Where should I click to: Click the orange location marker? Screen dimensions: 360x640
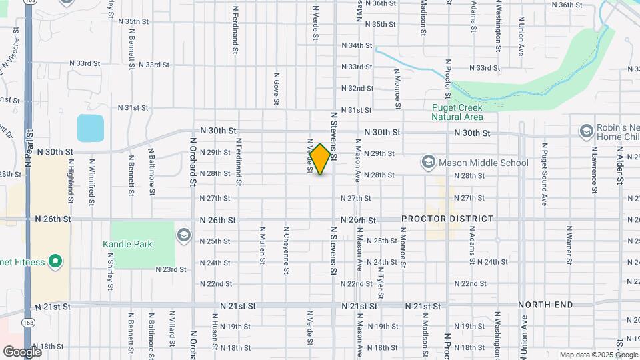pos(321,159)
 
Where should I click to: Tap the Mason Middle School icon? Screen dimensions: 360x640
pos(428,162)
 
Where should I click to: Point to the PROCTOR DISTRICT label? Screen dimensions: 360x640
pos(447,219)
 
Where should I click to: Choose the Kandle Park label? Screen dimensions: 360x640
pos(127,244)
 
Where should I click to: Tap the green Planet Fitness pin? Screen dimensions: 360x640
pos(56,261)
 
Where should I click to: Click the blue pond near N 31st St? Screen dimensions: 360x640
pos(90,128)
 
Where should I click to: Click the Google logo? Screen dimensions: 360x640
pos(22,351)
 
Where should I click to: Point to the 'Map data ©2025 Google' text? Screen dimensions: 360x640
pos(598,355)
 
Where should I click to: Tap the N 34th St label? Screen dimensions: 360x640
pos(356,45)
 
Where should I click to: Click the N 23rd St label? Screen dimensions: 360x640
pos(171,269)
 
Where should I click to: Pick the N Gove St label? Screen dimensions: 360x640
pos(275,89)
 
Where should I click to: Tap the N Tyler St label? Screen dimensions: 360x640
pos(379,279)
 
